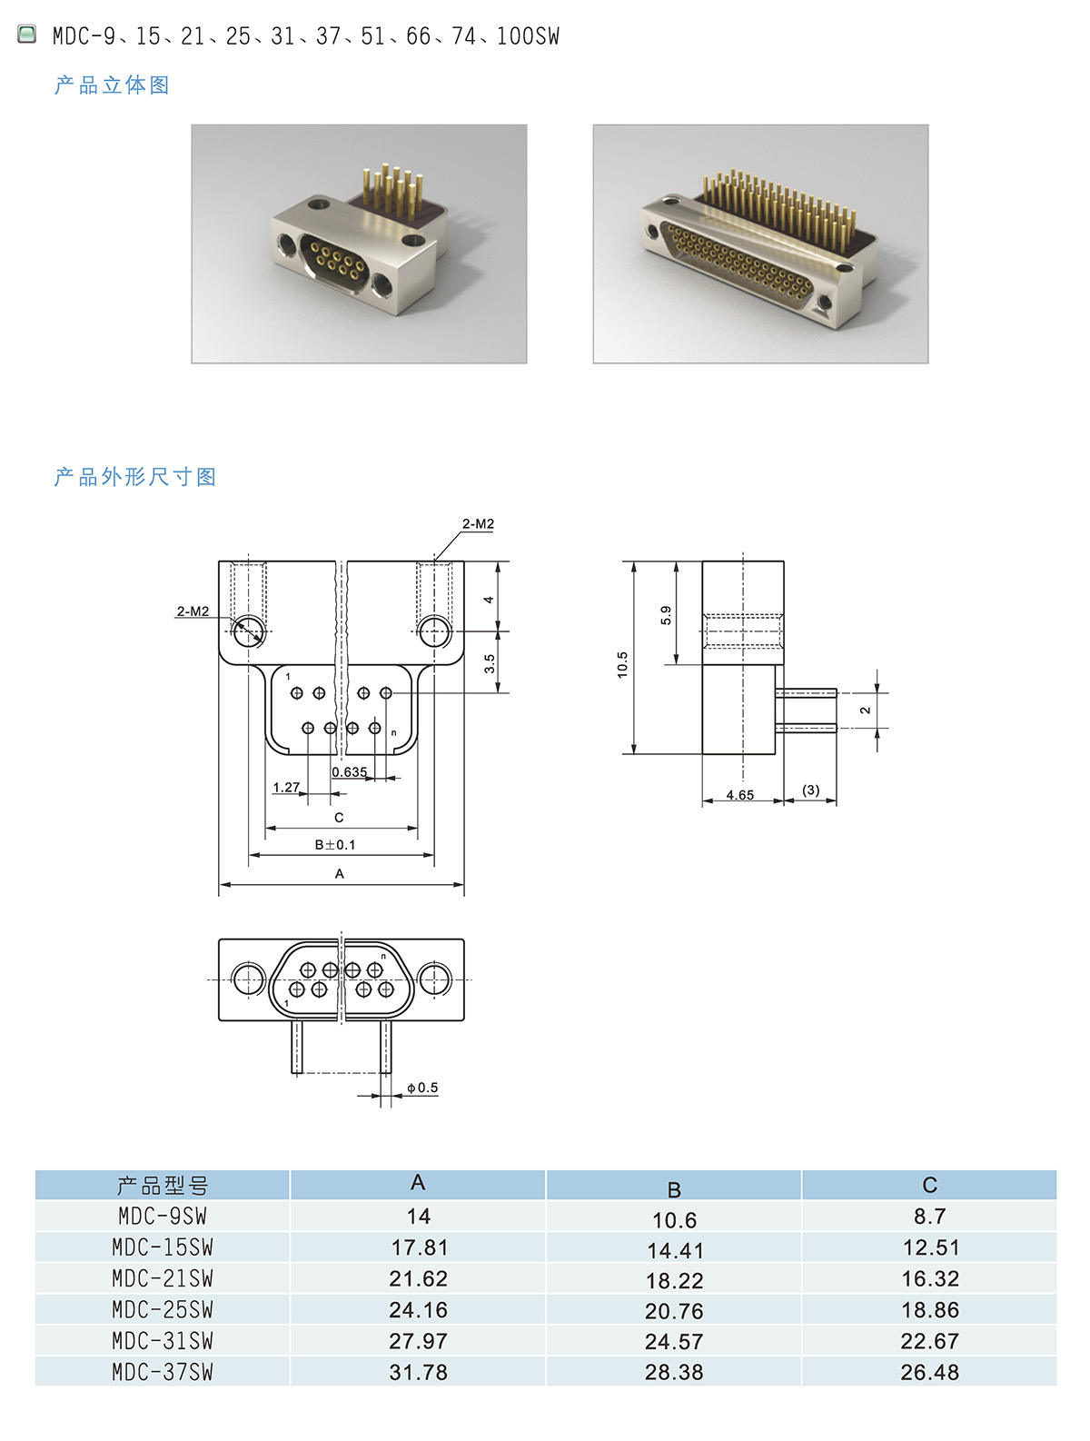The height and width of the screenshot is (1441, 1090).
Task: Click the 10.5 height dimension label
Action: click(x=622, y=664)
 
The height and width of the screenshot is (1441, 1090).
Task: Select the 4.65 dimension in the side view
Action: click(x=739, y=795)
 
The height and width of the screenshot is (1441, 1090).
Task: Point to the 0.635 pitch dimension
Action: click(x=349, y=772)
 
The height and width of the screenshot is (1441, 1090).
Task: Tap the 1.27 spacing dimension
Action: click(x=286, y=787)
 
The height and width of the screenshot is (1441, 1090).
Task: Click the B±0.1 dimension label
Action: click(x=335, y=845)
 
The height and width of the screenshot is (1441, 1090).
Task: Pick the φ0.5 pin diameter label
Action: click(x=422, y=1088)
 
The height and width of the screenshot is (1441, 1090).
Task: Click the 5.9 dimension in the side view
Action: click(x=666, y=615)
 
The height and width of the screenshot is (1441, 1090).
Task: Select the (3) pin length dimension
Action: click(x=810, y=790)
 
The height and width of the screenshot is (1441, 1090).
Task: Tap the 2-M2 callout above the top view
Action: click(x=478, y=524)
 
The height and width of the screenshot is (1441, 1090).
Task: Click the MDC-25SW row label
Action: click(x=163, y=1309)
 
